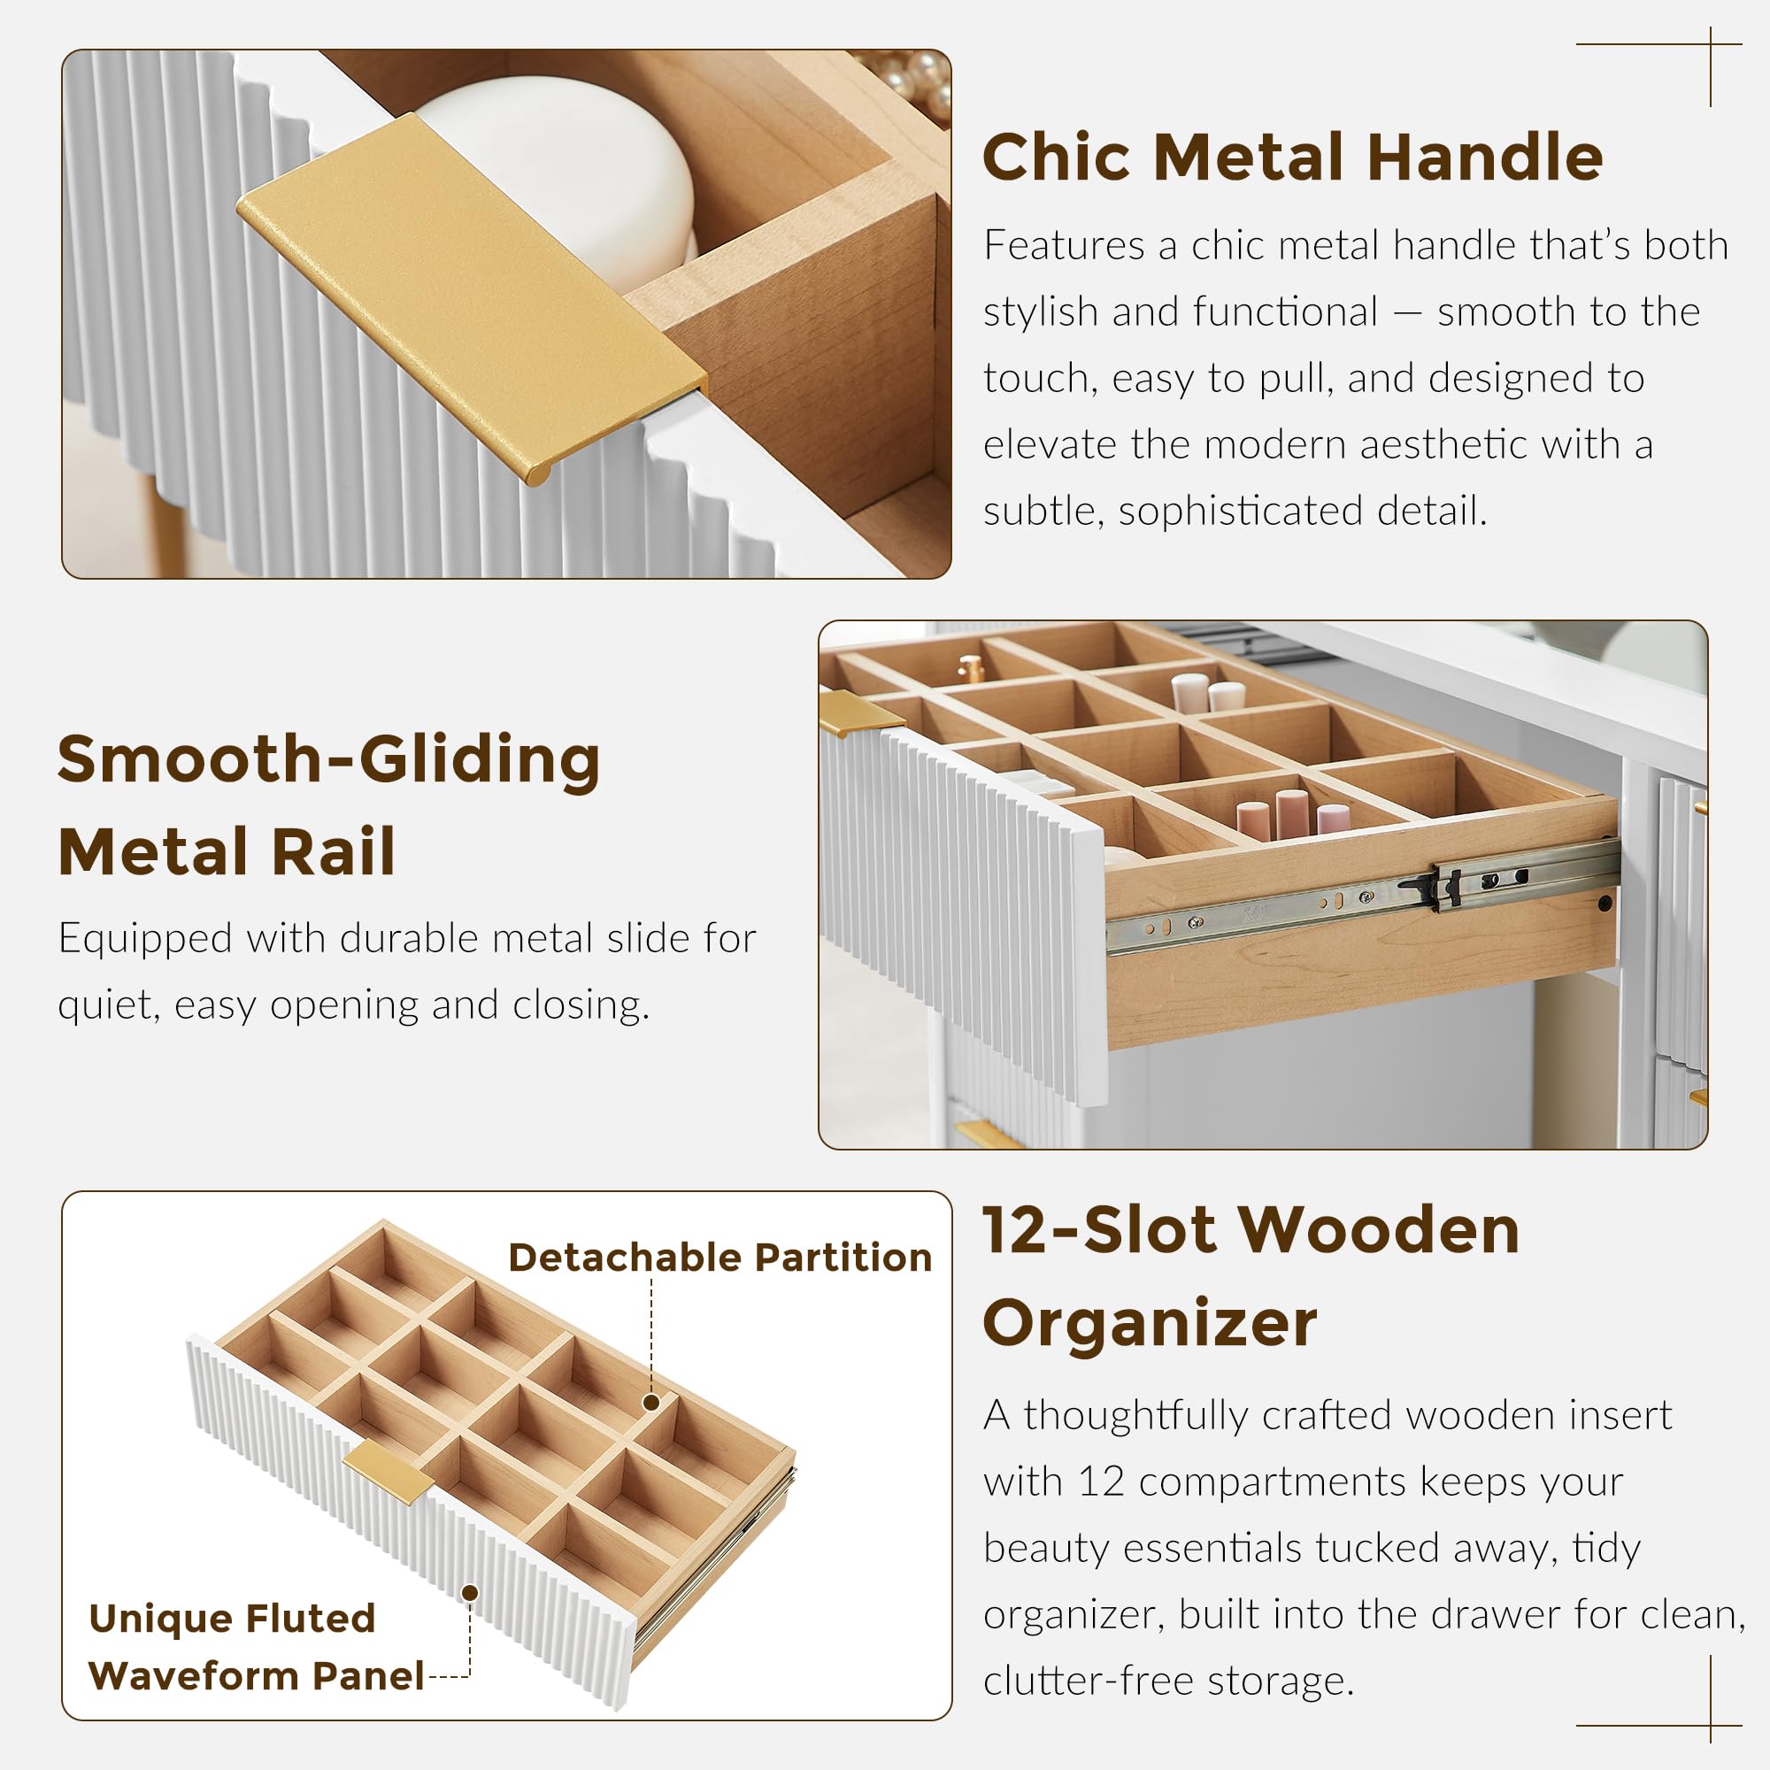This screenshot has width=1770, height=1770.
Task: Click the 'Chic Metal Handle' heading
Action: (1292, 157)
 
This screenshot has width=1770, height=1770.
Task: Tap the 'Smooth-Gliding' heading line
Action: (329, 760)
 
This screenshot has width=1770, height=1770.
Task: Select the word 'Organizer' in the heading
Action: (1149, 1324)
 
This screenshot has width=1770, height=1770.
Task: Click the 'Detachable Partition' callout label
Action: (720, 1258)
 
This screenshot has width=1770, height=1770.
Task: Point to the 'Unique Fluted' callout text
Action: (233, 1619)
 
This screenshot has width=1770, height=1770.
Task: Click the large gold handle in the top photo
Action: (472, 297)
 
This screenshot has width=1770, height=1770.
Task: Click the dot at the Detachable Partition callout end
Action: (651, 1402)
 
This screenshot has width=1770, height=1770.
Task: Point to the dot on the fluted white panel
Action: (470, 1592)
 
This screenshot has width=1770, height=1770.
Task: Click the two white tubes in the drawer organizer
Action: (1207, 693)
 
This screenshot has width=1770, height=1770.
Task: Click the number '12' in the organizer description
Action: (1100, 1482)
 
